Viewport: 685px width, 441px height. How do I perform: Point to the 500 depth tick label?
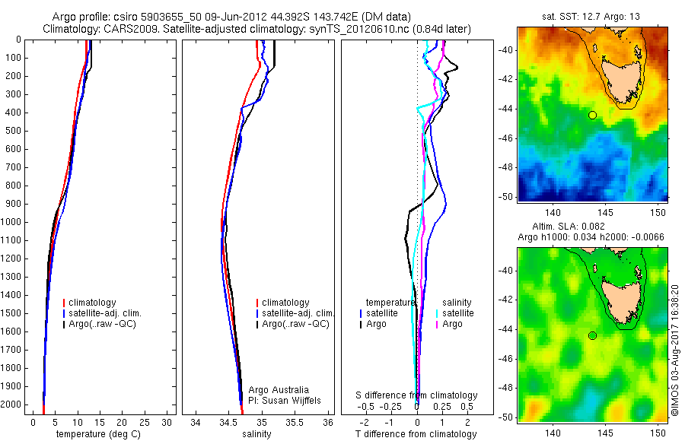tap(14, 131)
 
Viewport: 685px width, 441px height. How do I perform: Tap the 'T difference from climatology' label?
tap(416, 434)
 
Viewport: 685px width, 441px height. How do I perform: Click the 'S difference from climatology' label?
tap(417, 395)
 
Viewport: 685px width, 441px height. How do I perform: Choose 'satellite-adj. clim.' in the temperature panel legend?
tap(105, 313)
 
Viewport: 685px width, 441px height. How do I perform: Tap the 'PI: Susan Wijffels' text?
tap(285, 400)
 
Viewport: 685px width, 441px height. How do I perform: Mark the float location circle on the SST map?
tap(592, 115)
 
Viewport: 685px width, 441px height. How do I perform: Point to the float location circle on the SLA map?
tap(592, 335)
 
